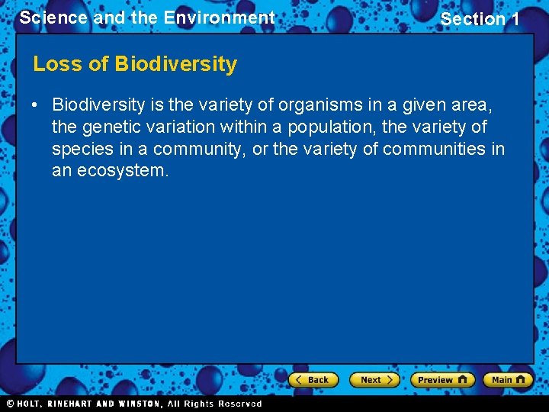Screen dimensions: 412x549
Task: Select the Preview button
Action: point(442,379)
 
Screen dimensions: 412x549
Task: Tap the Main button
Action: point(507,379)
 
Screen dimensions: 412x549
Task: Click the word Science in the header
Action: point(53,18)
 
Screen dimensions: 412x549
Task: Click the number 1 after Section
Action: point(514,19)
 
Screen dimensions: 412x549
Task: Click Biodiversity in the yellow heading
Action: point(176,64)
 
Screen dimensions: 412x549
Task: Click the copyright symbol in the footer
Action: point(11,404)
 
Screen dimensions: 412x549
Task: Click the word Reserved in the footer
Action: point(239,404)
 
